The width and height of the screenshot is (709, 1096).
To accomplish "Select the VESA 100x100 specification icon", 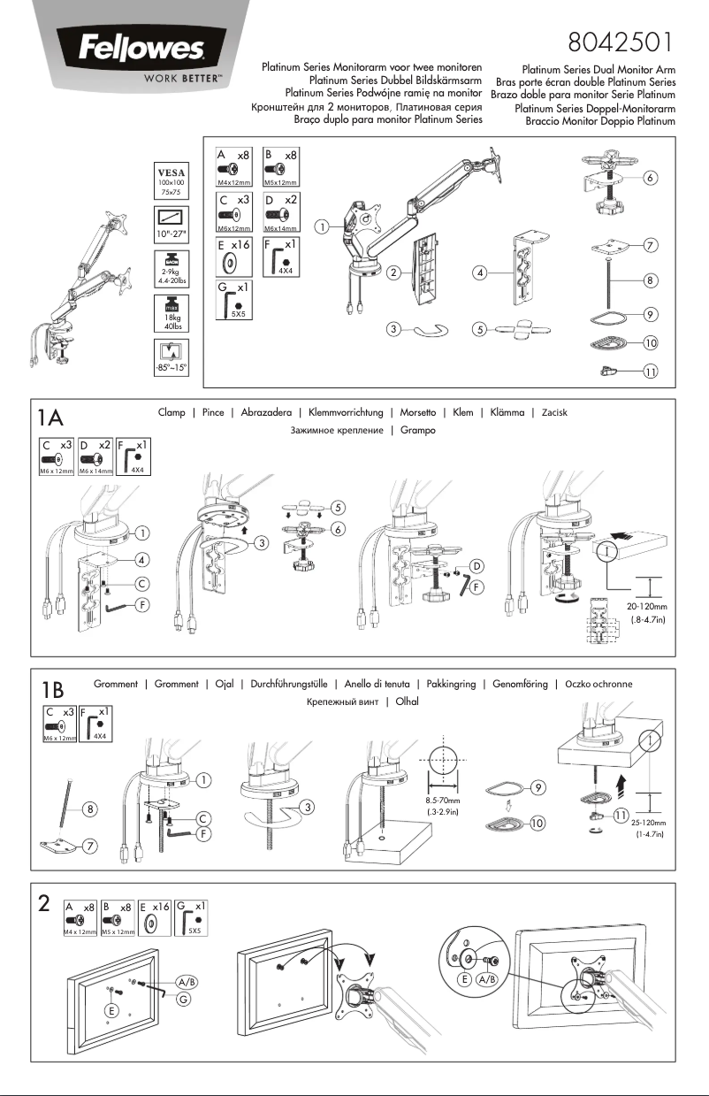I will click(170, 179).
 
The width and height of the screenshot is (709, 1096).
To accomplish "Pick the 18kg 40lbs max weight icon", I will click(170, 315).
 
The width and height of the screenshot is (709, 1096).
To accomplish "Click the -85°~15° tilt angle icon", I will click(170, 358).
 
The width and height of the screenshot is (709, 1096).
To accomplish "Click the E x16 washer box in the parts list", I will click(235, 257).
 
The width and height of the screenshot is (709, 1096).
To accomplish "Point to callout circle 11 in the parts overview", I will click(649, 372).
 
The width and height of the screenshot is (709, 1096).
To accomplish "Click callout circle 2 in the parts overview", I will click(392, 272).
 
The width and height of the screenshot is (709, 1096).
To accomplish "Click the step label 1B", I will click(52, 689).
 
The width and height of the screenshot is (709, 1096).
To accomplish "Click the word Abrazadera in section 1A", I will click(263, 412).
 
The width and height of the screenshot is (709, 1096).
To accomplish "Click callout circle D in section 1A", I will click(476, 564).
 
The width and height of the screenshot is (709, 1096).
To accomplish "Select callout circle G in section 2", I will click(183, 999).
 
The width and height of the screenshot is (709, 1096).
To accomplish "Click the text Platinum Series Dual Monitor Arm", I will click(598, 69).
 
